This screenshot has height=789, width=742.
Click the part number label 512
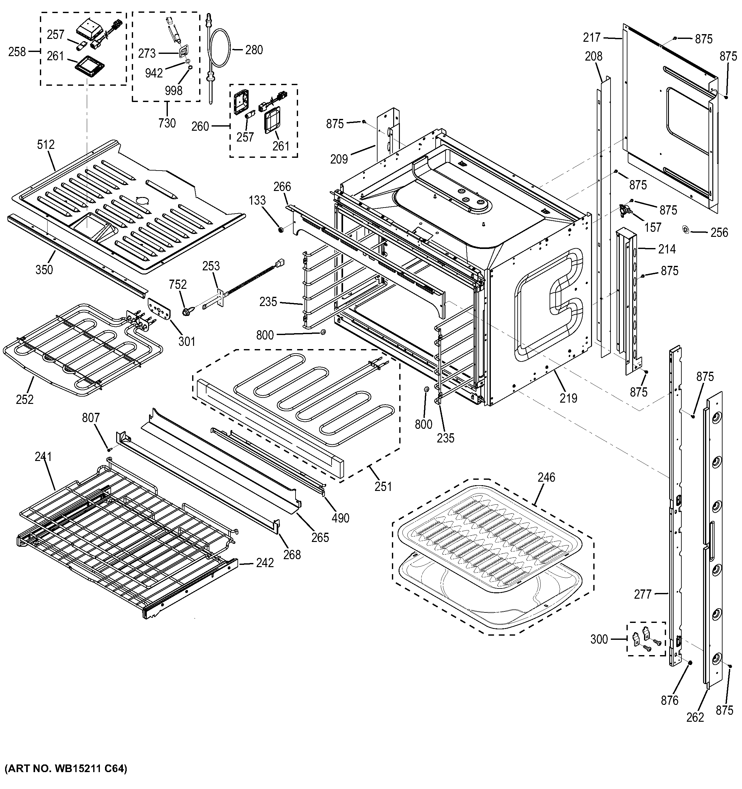[x=46, y=145]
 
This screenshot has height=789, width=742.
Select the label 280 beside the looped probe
[x=254, y=50]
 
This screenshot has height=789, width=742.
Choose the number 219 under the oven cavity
[x=568, y=398]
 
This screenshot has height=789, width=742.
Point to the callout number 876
[x=669, y=700]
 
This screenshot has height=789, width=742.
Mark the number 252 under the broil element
[x=25, y=400]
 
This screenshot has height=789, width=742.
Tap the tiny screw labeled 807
[x=109, y=449]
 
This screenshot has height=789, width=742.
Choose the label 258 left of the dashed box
[x=17, y=52]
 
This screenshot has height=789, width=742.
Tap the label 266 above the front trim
[x=282, y=186]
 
